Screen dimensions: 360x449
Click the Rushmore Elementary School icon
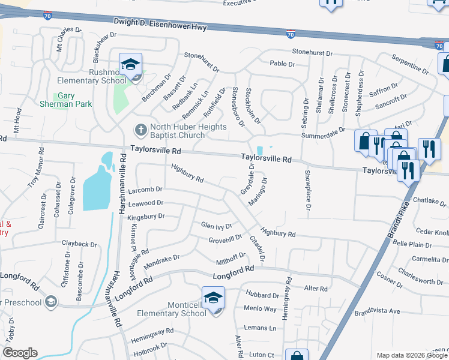click(130, 65)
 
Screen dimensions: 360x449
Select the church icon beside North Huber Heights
click(140, 130)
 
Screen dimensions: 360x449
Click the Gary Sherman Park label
click(74, 100)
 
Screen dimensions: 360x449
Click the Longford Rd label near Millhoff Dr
click(234, 275)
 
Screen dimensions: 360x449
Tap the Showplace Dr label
click(307, 190)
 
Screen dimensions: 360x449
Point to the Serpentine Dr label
click(410, 63)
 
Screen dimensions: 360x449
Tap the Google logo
click(20, 353)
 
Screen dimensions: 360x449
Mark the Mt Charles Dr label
click(69, 38)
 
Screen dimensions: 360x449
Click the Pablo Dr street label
click(282, 64)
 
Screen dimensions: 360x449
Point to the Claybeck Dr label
click(79, 244)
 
